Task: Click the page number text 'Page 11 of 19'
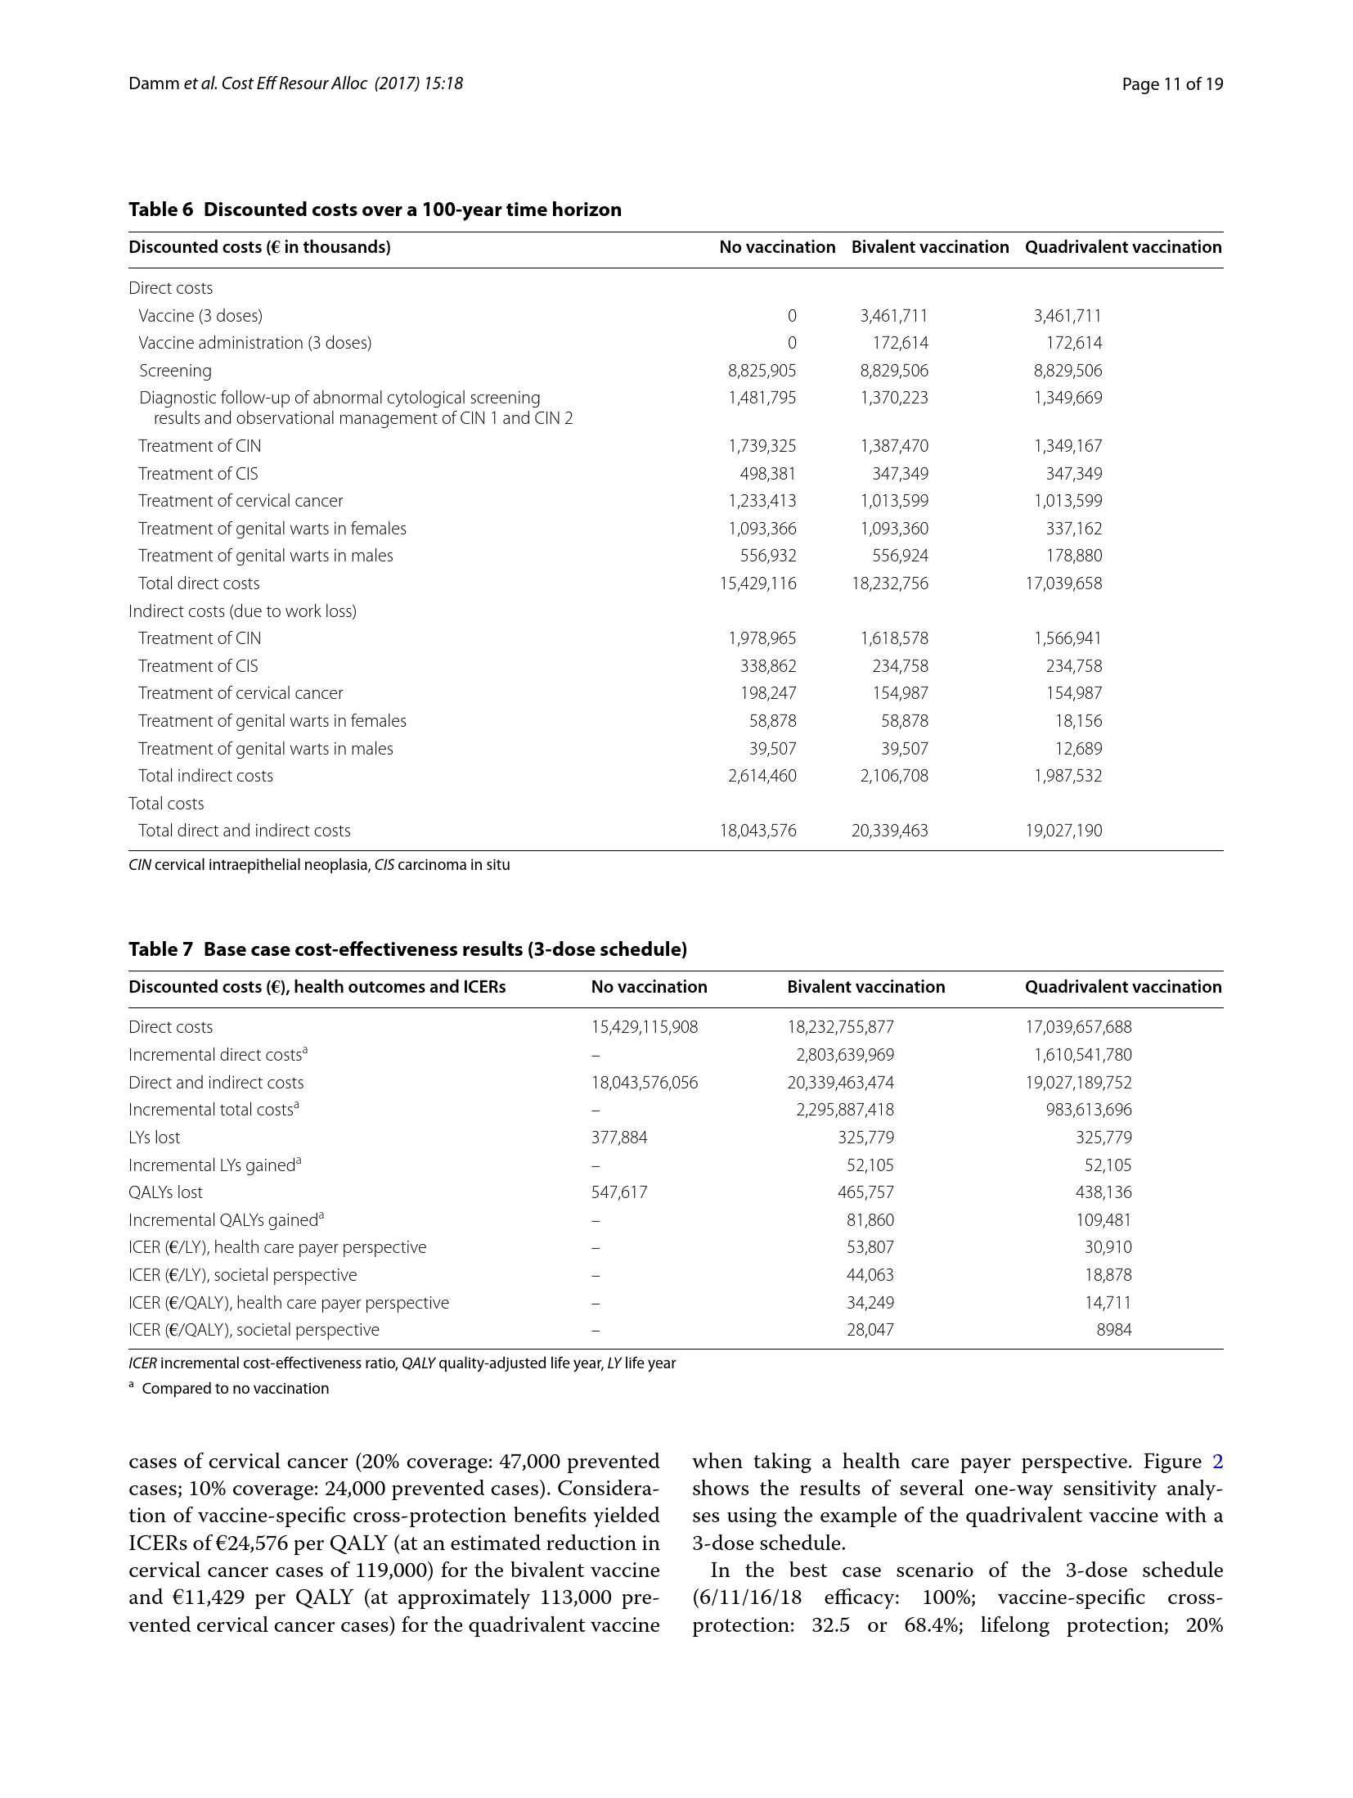click(x=1171, y=83)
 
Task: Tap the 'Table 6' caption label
click(x=160, y=210)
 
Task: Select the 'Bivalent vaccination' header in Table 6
click(x=929, y=247)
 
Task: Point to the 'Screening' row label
click(x=175, y=371)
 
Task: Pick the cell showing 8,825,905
click(x=762, y=371)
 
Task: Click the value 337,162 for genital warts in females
click(x=1073, y=529)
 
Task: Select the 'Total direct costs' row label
click(x=199, y=584)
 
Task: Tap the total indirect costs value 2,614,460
click(x=762, y=776)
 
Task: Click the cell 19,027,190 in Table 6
click(x=1063, y=831)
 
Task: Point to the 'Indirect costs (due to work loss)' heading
click(x=242, y=611)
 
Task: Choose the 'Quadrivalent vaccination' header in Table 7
click(x=1122, y=987)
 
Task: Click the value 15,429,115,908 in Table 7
click(x=644, y=1027)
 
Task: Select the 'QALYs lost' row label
click(x=165, y=1192)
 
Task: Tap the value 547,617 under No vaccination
click(x=618, y=1192)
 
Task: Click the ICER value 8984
click(x=1113, y=1330)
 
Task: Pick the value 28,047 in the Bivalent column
click(x=870, y=1330)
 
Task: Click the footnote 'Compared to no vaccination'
click(x=235, y=1389)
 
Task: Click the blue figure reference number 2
click(x=1216, y=1462)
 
